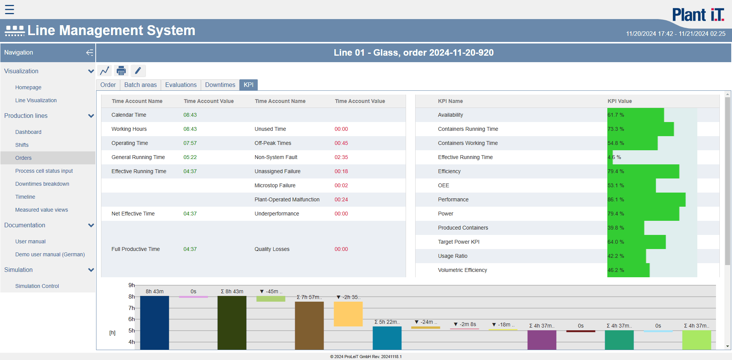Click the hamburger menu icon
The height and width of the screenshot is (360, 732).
(10, 10)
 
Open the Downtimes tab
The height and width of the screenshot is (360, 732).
(220, 85)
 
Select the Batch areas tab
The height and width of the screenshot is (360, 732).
(140, 85)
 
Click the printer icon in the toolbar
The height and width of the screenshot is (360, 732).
(121, 71)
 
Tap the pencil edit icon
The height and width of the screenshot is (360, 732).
(138, 71)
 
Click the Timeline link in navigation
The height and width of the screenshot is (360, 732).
(25, 197)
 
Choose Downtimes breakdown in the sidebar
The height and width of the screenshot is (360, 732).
(42, 184)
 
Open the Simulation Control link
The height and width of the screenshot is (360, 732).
(37, 286)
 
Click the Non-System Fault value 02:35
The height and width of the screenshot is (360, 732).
(341, 157)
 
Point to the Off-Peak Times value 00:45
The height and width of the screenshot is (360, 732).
(341, 143)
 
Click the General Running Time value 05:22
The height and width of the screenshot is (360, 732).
(190, 157)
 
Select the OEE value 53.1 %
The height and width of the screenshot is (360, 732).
(616, 185)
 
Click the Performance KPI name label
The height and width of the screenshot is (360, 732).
(453, 199)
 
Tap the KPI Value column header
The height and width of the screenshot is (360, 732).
(620, 101)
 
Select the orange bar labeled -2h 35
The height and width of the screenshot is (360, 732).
(348, 313)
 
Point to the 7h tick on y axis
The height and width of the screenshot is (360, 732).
(131, 308)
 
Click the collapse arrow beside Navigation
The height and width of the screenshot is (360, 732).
(90, 53)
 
